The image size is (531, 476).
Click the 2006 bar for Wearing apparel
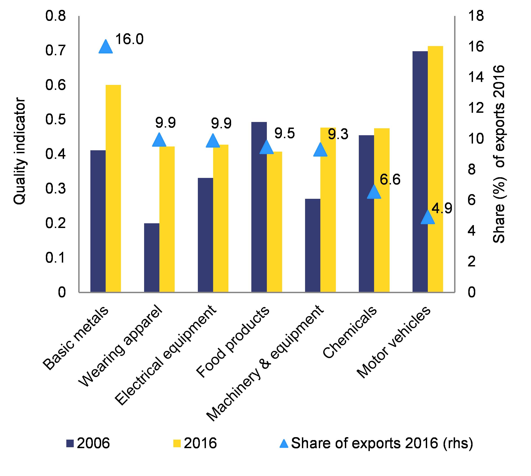pyautogui.click(x=152, y=257)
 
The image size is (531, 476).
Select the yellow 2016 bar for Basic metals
pyautogui.click(x=113, y=188)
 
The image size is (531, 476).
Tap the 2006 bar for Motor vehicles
pyautogui.click(x=420, y=171)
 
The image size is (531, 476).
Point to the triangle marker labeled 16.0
pyautogui.click(x=105, y=47)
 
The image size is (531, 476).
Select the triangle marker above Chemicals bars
pyautogui.click(x=374, y=192)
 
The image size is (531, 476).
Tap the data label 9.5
pyautogui.click(x=284, y=133)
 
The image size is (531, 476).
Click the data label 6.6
pyautogui.click(x=390, y=180)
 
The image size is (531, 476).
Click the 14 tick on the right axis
pyautogui.click(x=475, y=78)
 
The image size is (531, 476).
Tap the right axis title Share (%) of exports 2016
pyautogui.click(x=499, y=154)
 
